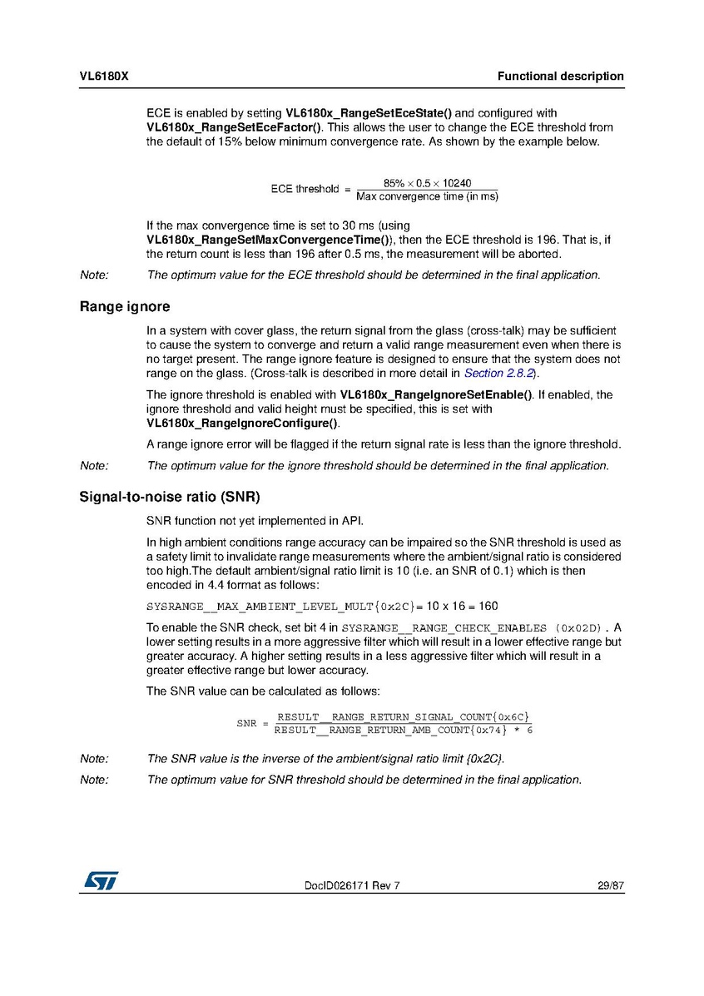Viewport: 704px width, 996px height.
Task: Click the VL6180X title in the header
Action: click(103, 77)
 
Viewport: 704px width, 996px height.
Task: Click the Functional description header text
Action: click(560, 77)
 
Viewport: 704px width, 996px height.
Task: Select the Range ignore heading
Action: click(125, 307)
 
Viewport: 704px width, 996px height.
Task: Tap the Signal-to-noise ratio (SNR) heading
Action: click(170, 498)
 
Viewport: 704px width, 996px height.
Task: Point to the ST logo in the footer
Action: click(100, 880)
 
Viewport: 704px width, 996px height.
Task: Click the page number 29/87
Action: click(610, 886)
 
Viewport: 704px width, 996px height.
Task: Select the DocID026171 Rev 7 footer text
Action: click(352, 886)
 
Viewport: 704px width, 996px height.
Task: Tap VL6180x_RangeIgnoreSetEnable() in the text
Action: click(436, 394)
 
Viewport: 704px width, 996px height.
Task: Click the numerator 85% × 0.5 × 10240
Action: click(427, 183)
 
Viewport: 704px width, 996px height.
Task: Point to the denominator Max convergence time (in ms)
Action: click(427, 196)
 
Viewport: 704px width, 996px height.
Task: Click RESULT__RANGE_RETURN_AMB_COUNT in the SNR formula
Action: click(371, 730)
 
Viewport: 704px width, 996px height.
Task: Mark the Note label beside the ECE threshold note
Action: click(94, 275)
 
